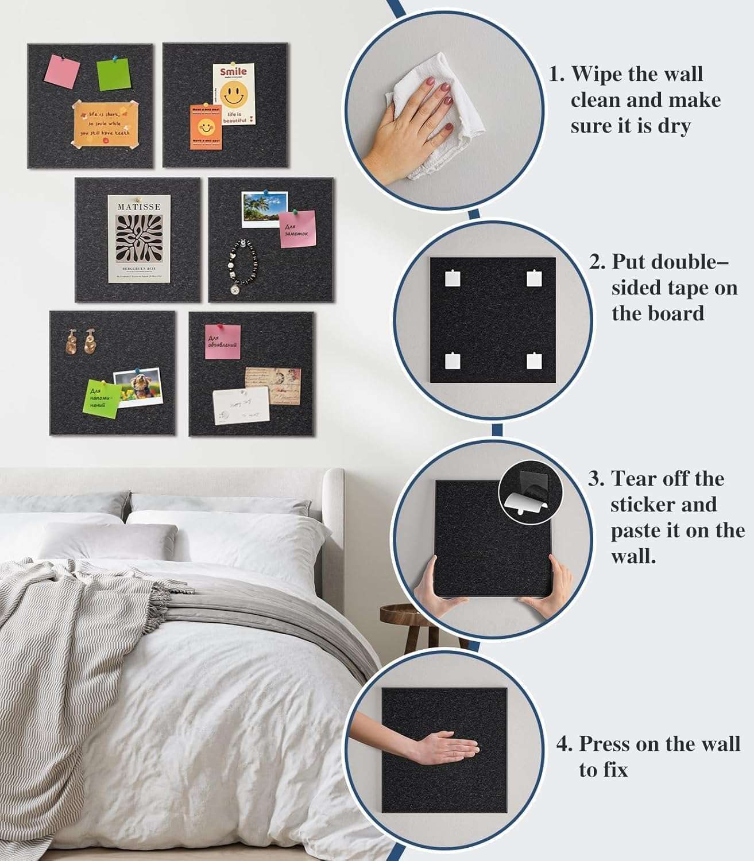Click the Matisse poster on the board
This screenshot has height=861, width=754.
[139, 238]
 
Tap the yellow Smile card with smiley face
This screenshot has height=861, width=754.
[234, 94]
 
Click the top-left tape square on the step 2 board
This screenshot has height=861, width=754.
[453, 278]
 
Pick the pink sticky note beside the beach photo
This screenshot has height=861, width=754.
[297, 229]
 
